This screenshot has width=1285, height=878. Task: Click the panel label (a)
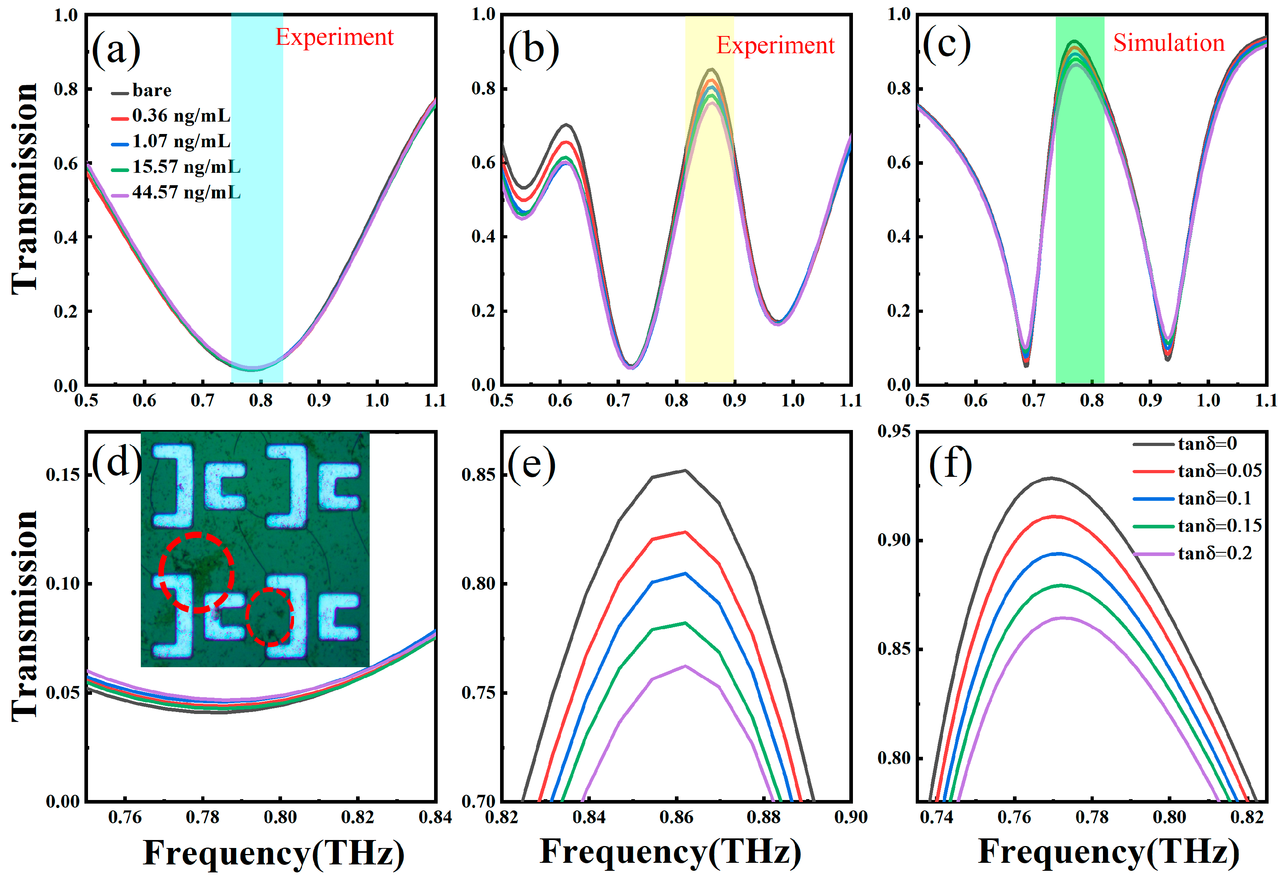(x=116, y=50)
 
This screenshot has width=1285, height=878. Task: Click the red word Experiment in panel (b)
(x=775, y=45)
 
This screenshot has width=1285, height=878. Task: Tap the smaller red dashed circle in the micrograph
(x=269, y=616)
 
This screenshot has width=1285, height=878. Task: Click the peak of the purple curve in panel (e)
(x=685, y=666)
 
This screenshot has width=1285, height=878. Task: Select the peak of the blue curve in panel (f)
(x=1058, y=554)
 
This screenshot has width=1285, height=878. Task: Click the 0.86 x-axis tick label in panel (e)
(x=676, y=817)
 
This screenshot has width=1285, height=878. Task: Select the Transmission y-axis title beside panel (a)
(x=24, y=188)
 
